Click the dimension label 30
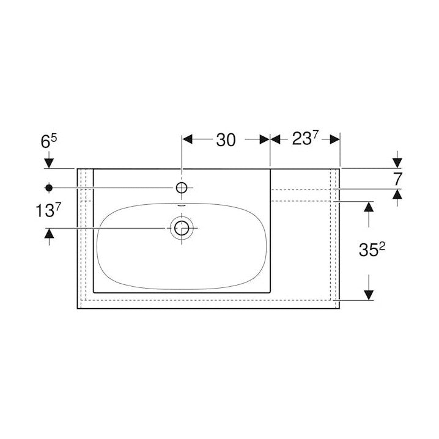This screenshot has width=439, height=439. point(226,140)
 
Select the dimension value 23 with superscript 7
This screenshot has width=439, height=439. point(304,139)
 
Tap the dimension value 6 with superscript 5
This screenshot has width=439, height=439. point(49,141)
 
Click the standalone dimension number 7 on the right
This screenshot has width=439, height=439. point(397,179)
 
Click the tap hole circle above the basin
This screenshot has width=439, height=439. point(182,187)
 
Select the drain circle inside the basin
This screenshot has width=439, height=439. point(182,229)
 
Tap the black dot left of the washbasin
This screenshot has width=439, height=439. point(49,187)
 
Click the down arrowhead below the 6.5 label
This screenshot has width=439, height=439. point(49,163)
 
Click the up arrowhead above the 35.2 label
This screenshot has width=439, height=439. point(369,206)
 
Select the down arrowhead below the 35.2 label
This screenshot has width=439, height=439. point(369,295)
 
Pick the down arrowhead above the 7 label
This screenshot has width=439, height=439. point(397,162)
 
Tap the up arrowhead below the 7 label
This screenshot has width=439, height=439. point(397,194)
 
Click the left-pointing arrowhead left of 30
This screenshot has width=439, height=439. point(188,139)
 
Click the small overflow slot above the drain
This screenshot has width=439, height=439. point(182,206)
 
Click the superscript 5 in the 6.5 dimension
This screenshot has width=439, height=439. point(54,137)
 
